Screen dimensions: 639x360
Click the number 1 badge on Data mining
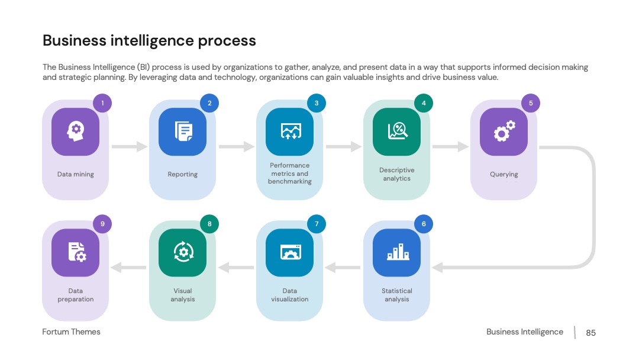(102, 103)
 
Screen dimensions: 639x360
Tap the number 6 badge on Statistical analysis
(424, 224)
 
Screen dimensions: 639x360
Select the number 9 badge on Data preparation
(102, 224)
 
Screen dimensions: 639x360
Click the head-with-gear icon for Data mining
(75, 131)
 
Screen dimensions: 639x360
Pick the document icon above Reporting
(183, 131)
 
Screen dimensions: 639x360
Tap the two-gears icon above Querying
(505, 131)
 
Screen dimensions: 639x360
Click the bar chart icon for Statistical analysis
(398, 252)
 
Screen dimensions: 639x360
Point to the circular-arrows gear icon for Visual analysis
(183, 252)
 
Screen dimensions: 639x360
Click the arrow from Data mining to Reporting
(130, 146)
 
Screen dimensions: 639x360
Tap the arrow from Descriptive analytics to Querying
(450, 146)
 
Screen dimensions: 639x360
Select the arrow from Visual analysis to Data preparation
(128, 268)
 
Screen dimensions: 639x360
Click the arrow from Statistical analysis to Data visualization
(343, 268)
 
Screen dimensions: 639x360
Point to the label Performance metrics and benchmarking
(290, 173)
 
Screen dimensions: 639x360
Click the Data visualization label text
(290, 295)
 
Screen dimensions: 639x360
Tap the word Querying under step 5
(504, 174)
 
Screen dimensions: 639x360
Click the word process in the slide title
(227, 41)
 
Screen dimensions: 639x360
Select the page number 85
(590, 333)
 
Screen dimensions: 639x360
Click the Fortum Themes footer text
(72, 332)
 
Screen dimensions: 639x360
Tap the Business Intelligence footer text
(524, 332)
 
